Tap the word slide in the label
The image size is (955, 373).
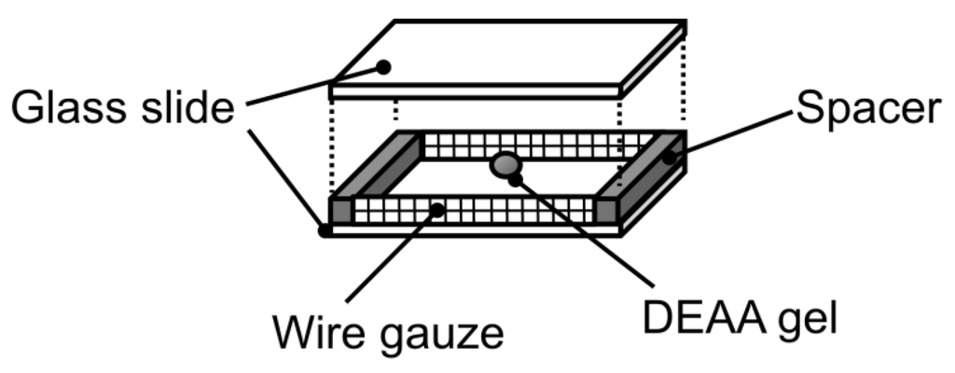(187, 110)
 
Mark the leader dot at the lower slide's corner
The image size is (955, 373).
(325, 228)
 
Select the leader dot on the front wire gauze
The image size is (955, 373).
(436, 210)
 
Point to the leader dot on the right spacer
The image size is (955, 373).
(670, 158)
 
